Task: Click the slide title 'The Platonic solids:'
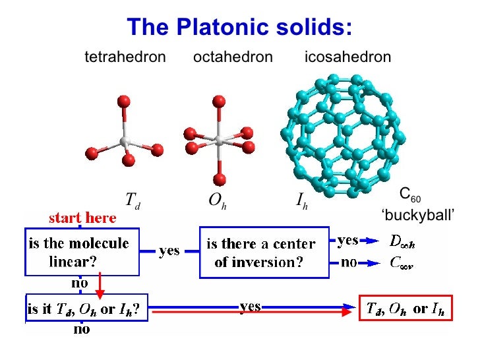pos(239,27)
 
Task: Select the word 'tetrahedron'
pos(125,57)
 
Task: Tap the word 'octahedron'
pos(233,57)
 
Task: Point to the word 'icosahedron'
pos(348,57)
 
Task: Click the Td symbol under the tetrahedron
pos(132,200)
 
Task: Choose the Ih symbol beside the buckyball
pos(302,200)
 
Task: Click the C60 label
pos(409,196)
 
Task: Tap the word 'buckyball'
pos(419,216)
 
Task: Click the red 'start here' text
pos(82,218)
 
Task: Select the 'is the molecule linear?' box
pos(82,251)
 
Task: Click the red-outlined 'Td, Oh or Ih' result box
pos(406,307)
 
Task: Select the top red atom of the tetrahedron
pos(123,101)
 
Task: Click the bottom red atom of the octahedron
pos(220,179)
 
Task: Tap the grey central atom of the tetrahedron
pos(124,142)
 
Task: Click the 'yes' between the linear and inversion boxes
pos(169,251)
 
